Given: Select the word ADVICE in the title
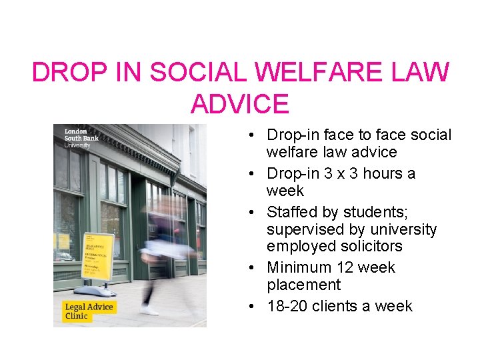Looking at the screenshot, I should (x=239, y=104).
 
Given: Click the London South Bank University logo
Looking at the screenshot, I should (x=77, y=137).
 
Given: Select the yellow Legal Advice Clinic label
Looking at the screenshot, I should (x=89, y=311).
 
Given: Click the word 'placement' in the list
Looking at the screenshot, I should (x=303, y=285).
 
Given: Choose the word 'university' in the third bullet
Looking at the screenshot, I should (x=404, y=229).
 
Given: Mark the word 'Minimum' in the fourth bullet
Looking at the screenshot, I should (x=297, y=268).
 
